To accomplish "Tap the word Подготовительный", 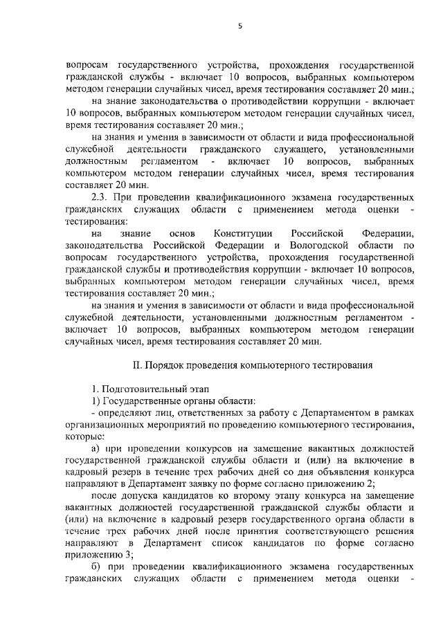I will pyautogui.click(x=143, y=389).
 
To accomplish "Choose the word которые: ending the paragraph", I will pyautogui.click(x=85, y=437).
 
